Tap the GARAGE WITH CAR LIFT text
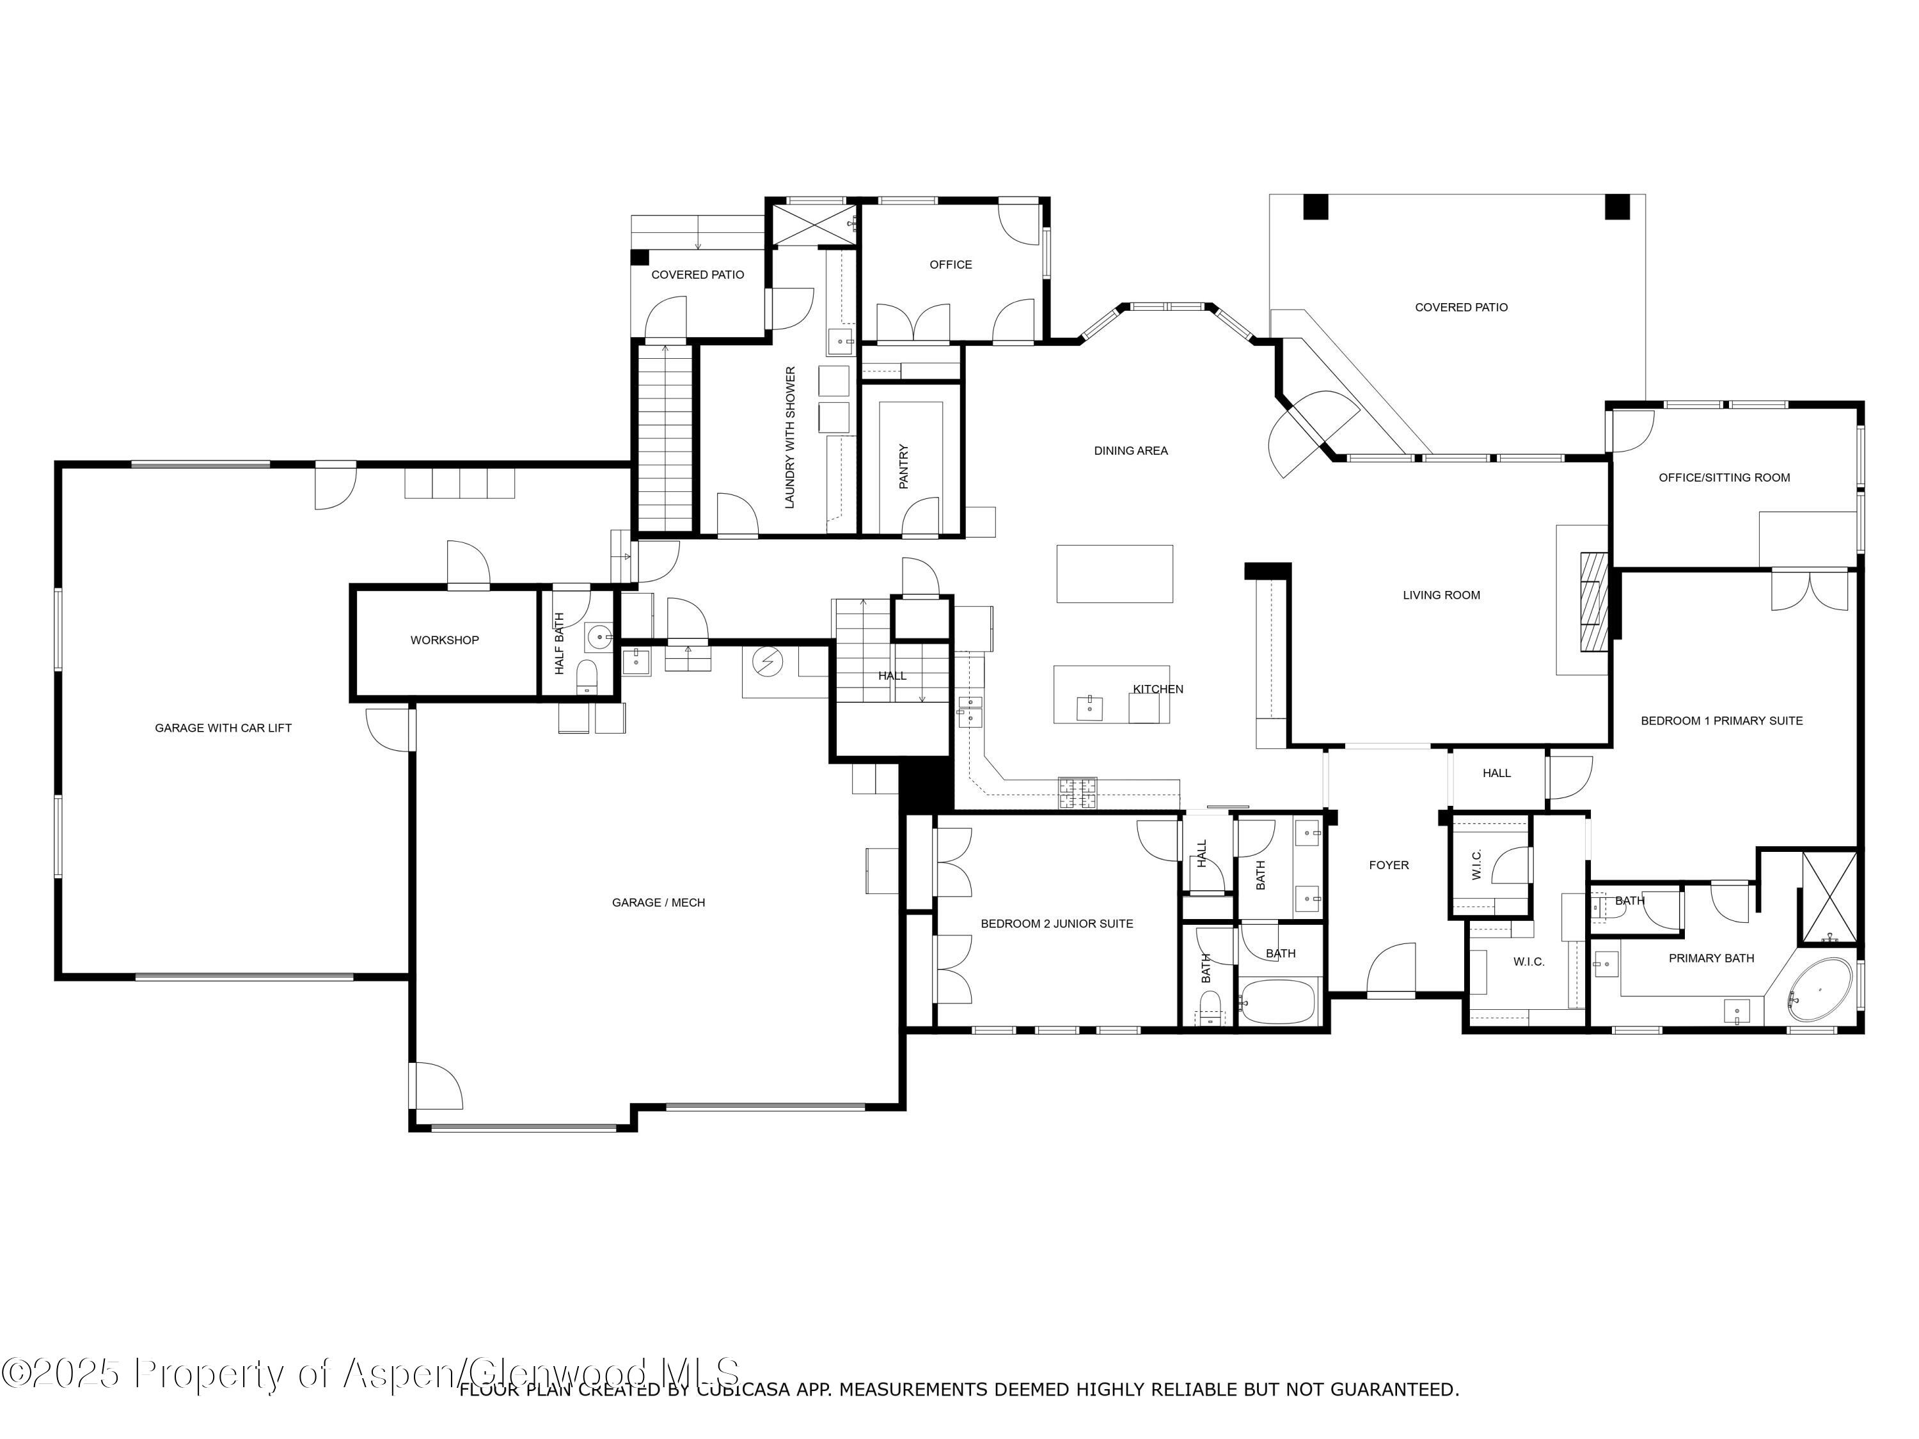223,728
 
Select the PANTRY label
904,467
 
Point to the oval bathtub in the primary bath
1819,989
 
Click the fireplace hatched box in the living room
1593,601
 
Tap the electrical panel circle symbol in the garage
767,663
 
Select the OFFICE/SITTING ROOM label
1724,477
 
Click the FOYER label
1388,865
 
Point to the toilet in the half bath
587,677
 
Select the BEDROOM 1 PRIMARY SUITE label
1721,721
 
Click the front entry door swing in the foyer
1391,970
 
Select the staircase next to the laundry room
665,437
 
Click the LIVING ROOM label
1441,595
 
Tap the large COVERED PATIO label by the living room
1461,307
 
